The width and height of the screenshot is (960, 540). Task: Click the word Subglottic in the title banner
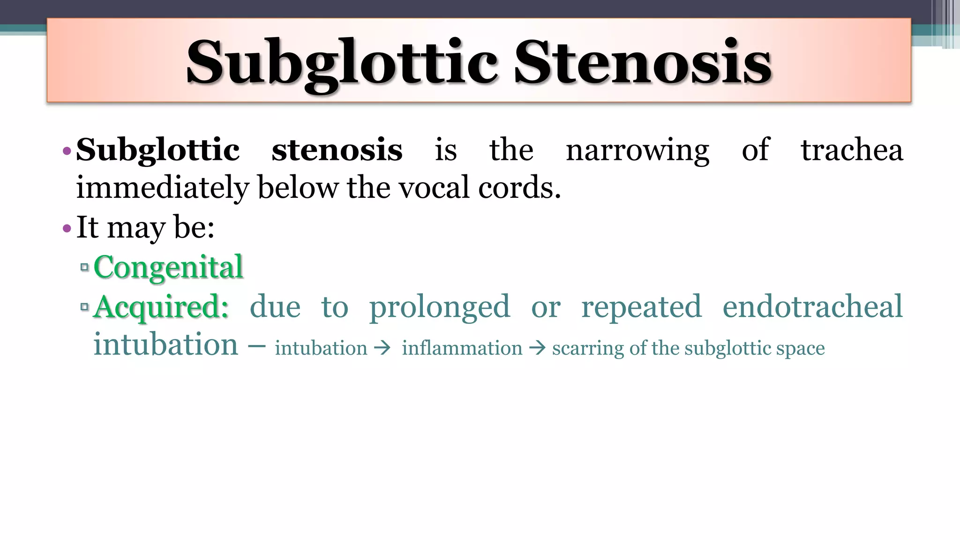tap(342, 62)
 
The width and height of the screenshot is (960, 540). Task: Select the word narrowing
tap(637, 151)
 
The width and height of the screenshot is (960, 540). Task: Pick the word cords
tap(519, 187)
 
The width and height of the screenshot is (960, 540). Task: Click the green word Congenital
tap(168, 267)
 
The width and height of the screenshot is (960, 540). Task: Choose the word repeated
tap(641, 307)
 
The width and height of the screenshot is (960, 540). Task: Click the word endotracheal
tap(812, 307)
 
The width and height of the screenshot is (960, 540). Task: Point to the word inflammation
tap(462, 348)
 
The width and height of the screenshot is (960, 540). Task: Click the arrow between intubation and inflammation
tap(383, 348)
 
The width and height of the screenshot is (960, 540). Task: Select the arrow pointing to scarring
tap(537, 348)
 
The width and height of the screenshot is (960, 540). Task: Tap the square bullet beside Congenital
tap(84, 267)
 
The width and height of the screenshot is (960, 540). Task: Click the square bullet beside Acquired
tap(84, 307)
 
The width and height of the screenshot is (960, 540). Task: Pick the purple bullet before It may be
tap(67, 229)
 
